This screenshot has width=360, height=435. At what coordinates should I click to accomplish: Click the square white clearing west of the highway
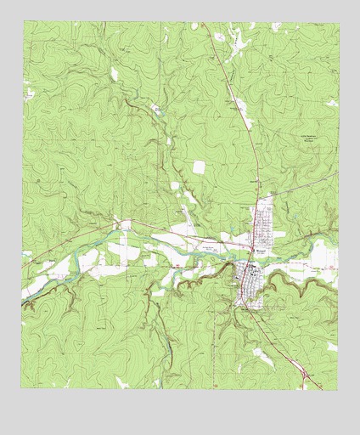pos(199,167)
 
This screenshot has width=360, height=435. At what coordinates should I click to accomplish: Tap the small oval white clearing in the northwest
pos(114,75)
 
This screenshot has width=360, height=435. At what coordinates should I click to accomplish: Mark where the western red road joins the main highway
pos(252,246)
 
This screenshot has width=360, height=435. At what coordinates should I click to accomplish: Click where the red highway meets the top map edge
pos(203,23)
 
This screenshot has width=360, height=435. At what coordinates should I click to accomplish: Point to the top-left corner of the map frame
pos(22,23)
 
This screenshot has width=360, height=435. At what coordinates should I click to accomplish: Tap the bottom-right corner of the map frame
pos(338,388)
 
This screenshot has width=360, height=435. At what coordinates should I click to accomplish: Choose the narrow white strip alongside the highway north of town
pos(239,106)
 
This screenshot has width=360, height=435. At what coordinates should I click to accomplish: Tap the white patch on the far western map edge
pos(27,88)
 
